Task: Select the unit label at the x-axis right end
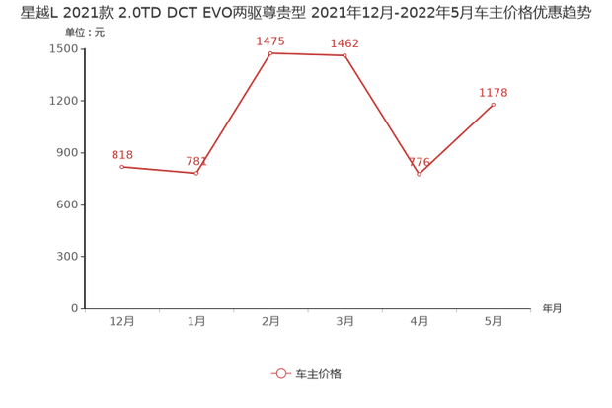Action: click(551, 308)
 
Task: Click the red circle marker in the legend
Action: click(281, 374)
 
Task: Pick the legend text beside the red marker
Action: click(319, 374)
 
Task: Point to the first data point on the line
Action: click(122, 167)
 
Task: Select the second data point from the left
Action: click(196, 174)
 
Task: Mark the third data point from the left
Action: click(270, 52)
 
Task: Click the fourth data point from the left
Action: click(344, 55)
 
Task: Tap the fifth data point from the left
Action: click(420, 175)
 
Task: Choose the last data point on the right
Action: click(494, 103)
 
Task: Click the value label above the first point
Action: click(122, 154)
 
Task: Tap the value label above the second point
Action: click(196, 161)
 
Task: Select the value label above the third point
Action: click(270, 41)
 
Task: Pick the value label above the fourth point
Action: click(344, 43)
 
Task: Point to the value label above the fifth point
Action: click(420, 162)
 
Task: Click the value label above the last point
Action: click(494, 92)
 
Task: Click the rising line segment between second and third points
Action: click(234, 113)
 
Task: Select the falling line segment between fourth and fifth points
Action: click(382, 116)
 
